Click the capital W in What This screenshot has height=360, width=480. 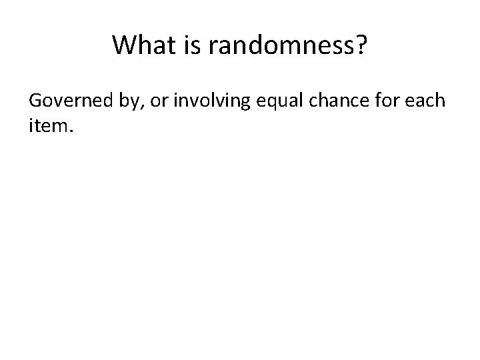click(x=123, y=45)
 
